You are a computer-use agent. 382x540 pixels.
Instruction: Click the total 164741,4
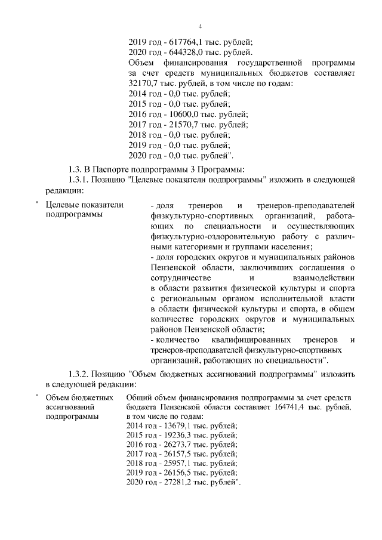[294, 407]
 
